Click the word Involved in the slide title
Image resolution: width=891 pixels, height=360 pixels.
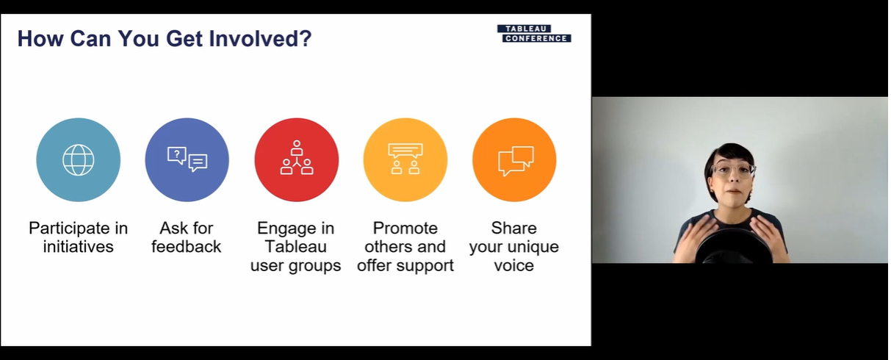click(x=261, y=39)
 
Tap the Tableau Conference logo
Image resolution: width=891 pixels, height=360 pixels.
click(x=534, y=33)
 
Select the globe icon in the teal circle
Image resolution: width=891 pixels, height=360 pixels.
click(x=79, y=160)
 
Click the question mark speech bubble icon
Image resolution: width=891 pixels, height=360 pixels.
click(x=176, y=155)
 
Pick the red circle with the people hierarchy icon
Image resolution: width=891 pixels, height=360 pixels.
click(x=296, y=160)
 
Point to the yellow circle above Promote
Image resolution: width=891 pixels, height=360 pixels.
click(x=405, y=160)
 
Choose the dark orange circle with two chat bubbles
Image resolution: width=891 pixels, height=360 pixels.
click(x=514, y=160)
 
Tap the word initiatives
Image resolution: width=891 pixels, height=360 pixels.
click(x=79, y=247)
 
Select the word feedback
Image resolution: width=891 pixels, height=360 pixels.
click(x=186, y=247)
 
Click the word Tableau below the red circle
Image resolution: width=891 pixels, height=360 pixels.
click(x=295, y=247)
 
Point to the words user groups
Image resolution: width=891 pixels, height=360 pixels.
click(x=295, y=266)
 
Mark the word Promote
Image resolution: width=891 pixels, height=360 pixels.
click(x=405, y=228)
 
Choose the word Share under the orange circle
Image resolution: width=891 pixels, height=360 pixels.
click(x=514, y=228)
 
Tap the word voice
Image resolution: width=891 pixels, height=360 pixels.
click(x=514, y=265)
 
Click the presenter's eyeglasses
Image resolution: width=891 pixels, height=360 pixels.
click(x=732, y=170)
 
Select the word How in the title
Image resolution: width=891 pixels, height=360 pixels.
click(x=40, y=39)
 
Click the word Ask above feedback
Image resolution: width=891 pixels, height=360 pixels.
click(x=171, y=228)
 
